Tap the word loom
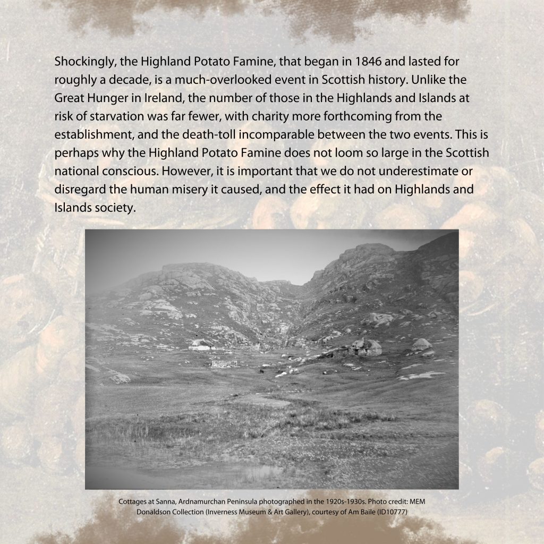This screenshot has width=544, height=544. (x=347, y=153)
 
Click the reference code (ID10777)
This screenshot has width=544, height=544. (x=389, y=512)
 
